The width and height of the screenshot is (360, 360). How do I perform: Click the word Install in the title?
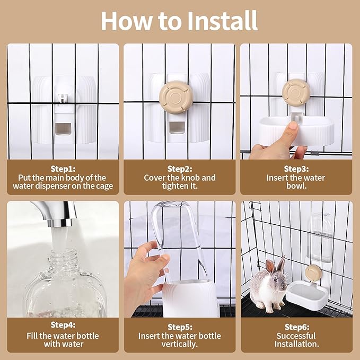click(222, 21)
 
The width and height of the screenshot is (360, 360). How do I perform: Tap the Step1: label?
click(63, 169)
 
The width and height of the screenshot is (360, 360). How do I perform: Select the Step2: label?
click(180, 169)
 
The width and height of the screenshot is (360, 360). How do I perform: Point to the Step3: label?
click(296, 169)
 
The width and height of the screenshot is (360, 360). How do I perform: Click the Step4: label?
click(63, 325)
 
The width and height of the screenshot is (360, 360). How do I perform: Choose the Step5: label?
click(180, 327)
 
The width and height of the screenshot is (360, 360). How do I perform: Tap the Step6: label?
click(296, 327)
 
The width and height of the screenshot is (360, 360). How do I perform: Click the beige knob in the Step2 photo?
click(176, 97)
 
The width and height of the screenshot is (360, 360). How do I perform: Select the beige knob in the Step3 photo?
click(296, 93)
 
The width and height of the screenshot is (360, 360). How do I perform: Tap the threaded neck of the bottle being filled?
click(63, 258)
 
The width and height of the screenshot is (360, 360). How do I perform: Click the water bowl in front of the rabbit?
click(306, 295)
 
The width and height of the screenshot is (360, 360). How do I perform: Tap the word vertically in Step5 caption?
click(180, 344)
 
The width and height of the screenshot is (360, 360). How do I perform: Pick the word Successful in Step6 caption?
click(296, 336)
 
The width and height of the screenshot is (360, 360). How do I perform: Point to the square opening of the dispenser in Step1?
click(63, 128)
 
